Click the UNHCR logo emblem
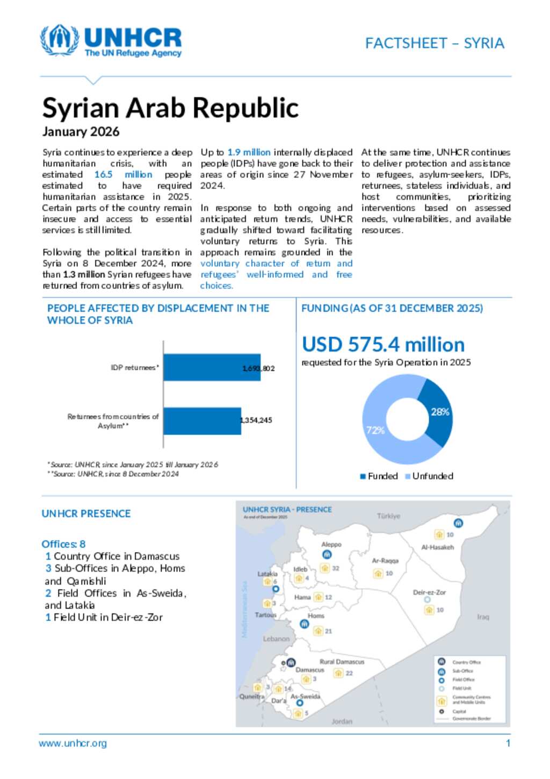(59, 40)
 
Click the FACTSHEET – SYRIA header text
(435, 43)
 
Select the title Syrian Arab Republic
(170, 108)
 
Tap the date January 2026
(81, 132)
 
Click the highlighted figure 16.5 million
(123, 174)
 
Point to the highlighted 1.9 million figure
(249, 152)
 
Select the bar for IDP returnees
(212, 367)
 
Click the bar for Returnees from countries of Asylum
(202, 420)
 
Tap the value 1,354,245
(257, 420)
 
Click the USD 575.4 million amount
(383, 345)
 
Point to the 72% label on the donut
(375, 430)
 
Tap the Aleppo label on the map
(331, 544)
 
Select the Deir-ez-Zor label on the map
(429, 592)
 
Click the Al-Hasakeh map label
(437, 547)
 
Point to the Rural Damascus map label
(342, 661)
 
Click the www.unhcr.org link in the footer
(73, 743)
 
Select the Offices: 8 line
(63, 544)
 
